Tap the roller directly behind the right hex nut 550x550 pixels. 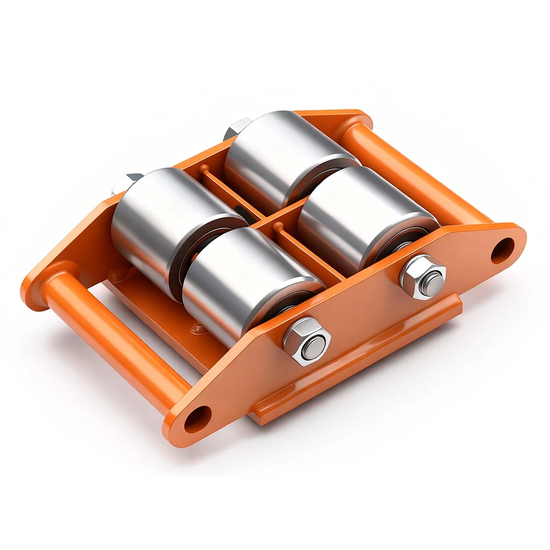[x=363, y=215]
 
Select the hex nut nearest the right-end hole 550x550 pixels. [x=422, y=276]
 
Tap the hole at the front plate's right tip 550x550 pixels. [x=502, y=250]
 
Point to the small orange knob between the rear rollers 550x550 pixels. [x=204, y=168]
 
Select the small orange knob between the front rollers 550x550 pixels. [x=278, y=226]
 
